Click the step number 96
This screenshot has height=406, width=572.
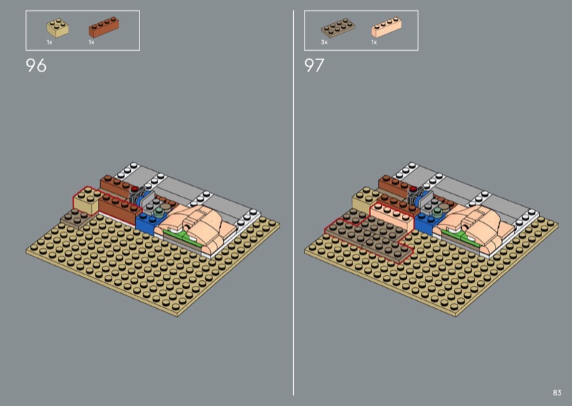point(36,66)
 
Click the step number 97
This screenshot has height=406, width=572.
point(314,66)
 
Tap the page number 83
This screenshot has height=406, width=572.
point(557,392)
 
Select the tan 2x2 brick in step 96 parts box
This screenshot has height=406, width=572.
point(58,29)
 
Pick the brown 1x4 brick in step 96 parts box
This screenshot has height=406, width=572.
point(104,27)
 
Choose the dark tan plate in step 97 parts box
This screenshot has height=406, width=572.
point(338,28)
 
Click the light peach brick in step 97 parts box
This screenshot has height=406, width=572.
point(387,26)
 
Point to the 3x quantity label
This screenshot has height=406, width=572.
point(325,42)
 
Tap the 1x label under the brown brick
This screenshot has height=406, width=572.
point(92,42)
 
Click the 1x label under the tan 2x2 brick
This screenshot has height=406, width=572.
point(49,42)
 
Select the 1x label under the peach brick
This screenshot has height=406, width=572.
point(374,42)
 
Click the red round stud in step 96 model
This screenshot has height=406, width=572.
point(135,189)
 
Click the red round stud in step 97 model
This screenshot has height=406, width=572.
point(413,189)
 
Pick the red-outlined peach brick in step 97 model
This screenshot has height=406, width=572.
point(392,217)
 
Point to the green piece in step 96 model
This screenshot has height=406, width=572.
point(182,237)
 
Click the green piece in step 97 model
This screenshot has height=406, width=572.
point(460,237)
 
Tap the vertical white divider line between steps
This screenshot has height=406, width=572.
point(293,203)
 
